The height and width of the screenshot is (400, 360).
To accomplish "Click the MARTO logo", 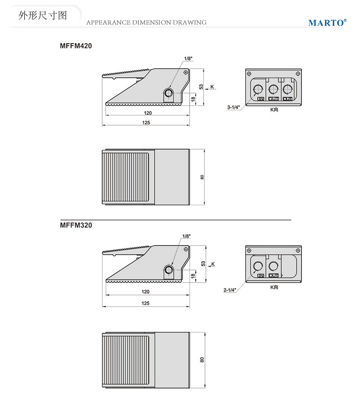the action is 327,23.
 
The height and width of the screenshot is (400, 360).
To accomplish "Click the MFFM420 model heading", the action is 76,46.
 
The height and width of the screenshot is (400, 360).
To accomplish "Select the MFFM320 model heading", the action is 76,225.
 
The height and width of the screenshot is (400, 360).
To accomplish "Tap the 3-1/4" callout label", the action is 234,107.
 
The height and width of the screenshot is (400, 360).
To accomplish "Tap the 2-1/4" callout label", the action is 230,290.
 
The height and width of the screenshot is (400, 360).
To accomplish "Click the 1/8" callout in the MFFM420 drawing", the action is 188,59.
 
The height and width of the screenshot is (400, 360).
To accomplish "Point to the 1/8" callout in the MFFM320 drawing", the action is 187,236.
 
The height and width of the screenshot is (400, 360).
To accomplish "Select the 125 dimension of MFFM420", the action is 146,123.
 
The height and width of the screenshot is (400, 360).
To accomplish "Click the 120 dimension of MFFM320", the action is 145,292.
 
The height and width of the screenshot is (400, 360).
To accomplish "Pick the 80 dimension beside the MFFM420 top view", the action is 202,177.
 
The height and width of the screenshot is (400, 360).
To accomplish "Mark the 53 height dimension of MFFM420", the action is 201,87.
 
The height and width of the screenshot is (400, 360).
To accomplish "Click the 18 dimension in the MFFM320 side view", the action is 193,275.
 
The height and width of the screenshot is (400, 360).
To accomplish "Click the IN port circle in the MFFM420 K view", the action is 258,90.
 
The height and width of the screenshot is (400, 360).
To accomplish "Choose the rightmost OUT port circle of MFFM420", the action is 288,90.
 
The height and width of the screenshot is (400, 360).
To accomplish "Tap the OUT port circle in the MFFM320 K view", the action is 273,266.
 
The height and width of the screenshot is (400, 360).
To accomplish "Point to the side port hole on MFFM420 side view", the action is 168,93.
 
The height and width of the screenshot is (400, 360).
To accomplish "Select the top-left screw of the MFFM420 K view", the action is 249,73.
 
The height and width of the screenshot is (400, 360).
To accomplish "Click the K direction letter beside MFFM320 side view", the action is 213,264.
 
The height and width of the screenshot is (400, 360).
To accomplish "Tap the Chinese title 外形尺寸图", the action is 43,15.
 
